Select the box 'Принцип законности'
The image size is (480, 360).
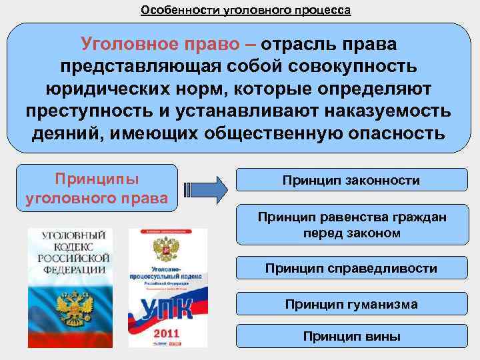(351, 180)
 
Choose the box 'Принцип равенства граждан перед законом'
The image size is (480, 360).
(351, 225)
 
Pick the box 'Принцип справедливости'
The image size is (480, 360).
(351, 269)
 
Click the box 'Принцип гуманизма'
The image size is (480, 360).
(351, 305)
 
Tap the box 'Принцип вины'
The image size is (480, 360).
(351, 336)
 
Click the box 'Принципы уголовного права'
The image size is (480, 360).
(97, 189)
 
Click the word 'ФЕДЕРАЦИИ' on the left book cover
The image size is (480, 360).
(73, 269)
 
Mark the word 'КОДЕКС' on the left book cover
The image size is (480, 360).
(73, 247)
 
